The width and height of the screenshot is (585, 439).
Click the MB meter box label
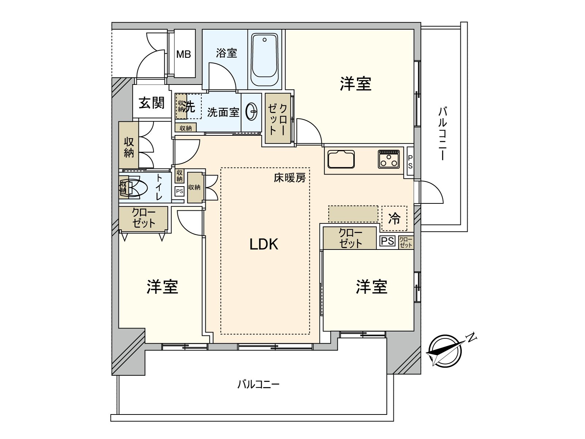[184, 55]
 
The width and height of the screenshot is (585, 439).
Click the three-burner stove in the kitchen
[389, 158]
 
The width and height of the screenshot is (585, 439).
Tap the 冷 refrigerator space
[394, 219]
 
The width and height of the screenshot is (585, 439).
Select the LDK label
[264, 244]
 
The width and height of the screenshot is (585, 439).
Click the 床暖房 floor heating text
[290, 178]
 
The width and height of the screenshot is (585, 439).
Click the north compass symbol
[444, 350]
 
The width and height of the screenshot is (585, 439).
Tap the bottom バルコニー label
[258, 384]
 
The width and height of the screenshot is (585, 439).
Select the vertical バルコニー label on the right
[442, 134]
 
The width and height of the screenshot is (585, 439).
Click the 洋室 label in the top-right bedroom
[355, 84]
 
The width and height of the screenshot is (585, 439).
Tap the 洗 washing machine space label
[190, 107]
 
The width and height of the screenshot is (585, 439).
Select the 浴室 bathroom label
[226, 53]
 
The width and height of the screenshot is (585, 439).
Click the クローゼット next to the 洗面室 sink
[278, 119]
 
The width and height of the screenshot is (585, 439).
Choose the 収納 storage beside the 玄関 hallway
[129, 147]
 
